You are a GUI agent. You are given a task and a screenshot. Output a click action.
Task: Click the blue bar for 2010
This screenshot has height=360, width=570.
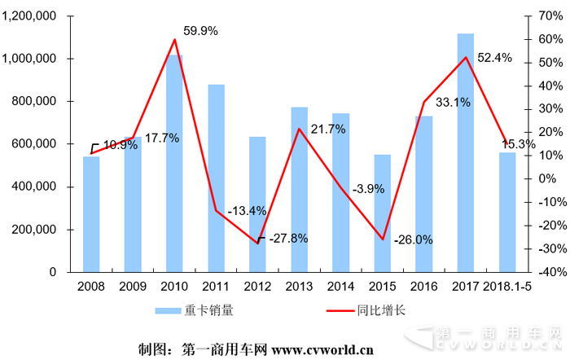[x=174, y=163]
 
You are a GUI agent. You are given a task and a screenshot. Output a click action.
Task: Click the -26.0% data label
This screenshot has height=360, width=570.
[x=413, y=239]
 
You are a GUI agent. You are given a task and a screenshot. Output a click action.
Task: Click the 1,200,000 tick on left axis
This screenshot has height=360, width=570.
[x=29, y=16]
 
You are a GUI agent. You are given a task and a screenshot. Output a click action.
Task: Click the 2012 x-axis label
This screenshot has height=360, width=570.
[x=257, y=287]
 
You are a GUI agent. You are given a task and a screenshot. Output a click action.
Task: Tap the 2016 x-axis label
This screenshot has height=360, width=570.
[x=423, y=287]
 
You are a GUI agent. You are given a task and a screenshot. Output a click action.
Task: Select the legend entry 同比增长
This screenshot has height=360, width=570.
[x=377, y=310]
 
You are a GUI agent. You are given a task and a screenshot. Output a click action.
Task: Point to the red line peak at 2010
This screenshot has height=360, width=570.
[x=175, y=39]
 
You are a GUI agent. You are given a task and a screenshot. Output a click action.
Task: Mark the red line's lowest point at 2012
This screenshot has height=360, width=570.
[x=258, y=243]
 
